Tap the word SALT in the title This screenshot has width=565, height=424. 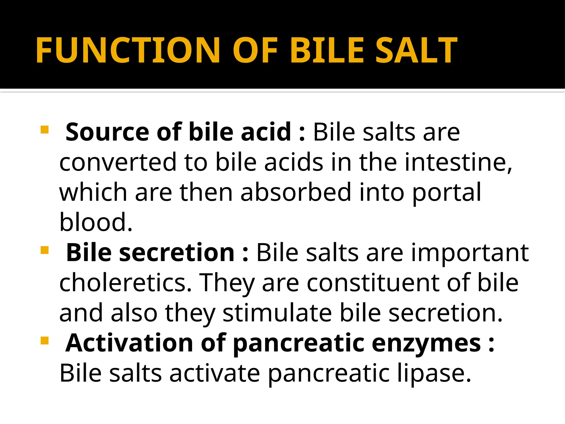416,50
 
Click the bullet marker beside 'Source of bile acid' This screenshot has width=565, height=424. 44,129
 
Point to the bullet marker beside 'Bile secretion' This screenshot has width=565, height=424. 44,250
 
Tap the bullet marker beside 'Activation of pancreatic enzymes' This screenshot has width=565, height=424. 44,341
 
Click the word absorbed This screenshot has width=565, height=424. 296,192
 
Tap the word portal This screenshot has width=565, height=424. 447,193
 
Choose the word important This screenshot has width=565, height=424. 470,253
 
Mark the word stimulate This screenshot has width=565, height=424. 277,313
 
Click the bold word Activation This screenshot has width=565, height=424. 129,343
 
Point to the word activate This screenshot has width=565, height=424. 215,373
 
